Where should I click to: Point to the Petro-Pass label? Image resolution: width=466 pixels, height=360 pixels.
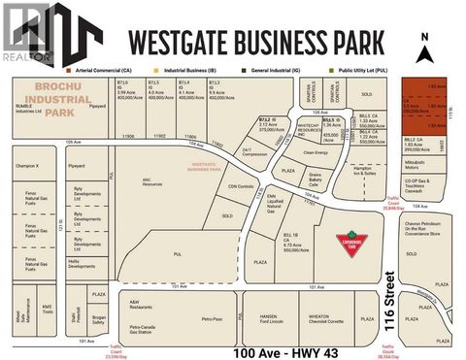[x=212, y=317]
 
